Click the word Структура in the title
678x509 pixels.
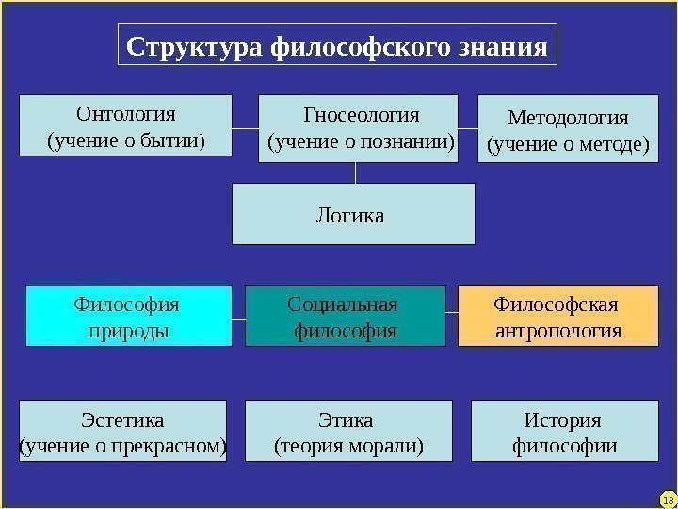(195, 46)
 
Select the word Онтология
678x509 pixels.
(125, 115)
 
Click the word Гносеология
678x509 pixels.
(362, 115)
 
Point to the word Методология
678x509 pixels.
(568, 118)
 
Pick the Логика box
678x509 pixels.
(353, 215)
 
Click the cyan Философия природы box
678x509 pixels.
(128, 317)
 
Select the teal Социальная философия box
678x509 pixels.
(345, 317)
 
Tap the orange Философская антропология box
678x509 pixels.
(557, 317)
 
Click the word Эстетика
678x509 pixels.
(123, 419)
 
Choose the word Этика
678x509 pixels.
(347, 419)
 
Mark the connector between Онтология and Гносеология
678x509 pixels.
(245, 128)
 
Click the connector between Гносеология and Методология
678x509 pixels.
(468, 128)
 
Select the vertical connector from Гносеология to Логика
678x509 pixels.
(355, 172)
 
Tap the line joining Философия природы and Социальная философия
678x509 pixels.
(238, 317)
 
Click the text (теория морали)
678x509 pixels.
(347, 444)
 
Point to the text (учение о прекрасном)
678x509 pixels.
(123, 444)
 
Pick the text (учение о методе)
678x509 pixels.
(568, 145)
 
